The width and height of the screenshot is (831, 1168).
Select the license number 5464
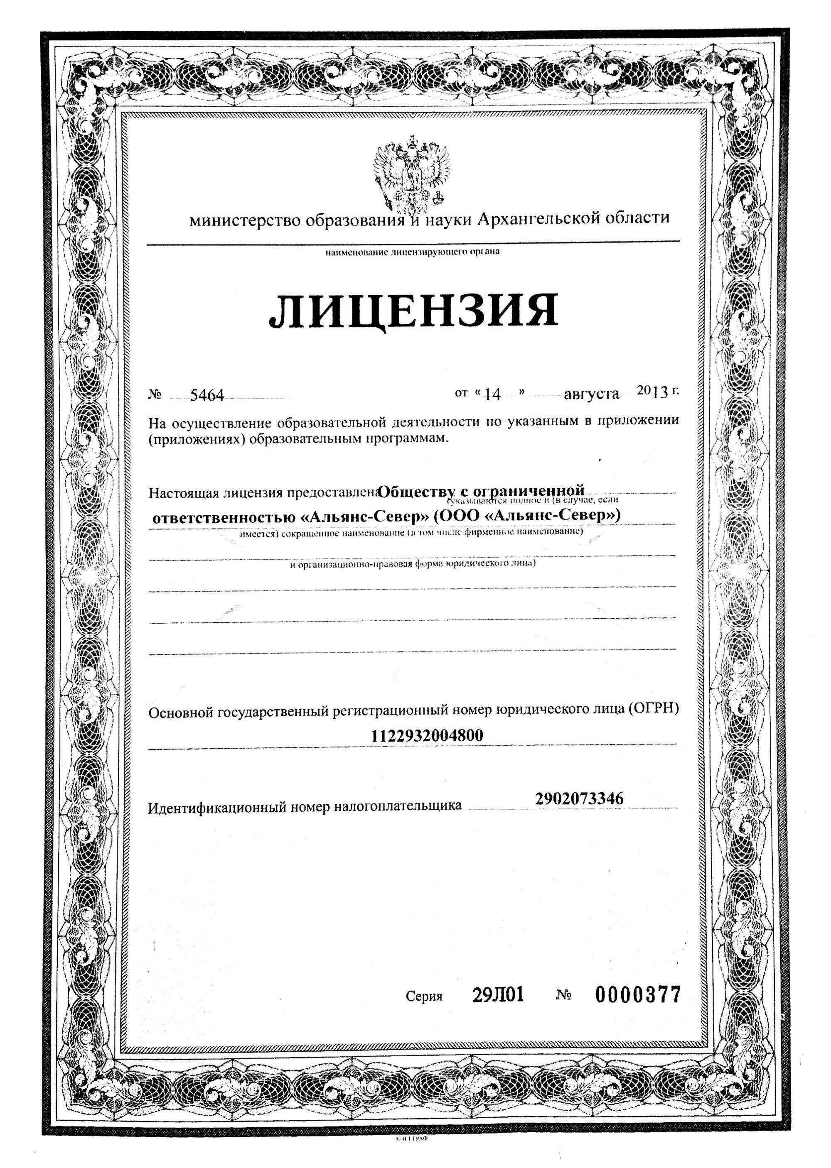(x=207, y=395)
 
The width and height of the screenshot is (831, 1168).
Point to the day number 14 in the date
(x=492, y=394)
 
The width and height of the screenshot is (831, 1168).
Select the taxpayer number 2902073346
(x=579, y=799)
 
